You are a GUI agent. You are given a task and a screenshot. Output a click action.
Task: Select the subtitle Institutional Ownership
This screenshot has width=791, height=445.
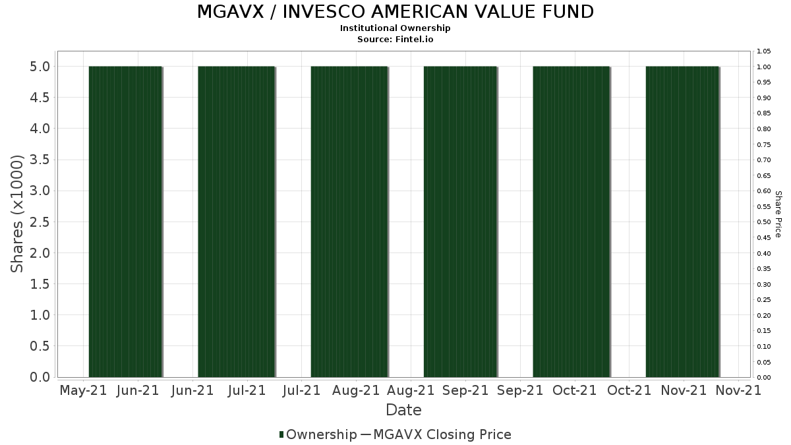(395, 28)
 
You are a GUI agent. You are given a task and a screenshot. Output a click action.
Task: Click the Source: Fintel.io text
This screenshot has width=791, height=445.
(395, 39)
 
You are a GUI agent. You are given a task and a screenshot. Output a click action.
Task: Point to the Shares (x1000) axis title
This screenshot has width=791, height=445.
(18, 214)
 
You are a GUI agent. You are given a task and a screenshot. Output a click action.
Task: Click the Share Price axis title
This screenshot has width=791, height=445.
(778, 214)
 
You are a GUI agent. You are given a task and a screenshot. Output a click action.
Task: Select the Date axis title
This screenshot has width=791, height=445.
(403, 410)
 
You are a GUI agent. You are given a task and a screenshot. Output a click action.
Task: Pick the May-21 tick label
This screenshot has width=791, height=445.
(83, 390)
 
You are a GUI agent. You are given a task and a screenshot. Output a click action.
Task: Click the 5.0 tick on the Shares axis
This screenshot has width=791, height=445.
(39, 67)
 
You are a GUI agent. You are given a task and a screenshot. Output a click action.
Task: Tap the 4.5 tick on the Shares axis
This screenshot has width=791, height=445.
(39, 98)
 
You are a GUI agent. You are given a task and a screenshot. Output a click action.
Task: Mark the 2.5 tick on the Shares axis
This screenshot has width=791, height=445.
(39, 222)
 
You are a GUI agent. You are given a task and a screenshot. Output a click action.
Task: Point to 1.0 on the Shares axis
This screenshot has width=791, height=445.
(39, 315)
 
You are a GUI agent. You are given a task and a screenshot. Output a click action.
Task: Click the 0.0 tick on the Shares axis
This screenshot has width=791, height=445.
(39, 377)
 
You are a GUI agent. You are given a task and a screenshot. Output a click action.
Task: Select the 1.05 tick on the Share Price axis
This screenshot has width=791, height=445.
(764, 51)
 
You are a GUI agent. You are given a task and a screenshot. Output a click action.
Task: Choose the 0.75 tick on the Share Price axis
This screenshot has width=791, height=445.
(764, 144)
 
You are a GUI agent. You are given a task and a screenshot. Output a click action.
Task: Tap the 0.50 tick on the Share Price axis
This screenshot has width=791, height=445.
(764, 222)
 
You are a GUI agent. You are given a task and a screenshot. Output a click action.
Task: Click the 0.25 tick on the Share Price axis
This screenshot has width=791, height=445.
(764, 300)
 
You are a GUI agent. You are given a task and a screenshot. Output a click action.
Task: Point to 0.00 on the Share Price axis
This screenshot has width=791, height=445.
(764, 378)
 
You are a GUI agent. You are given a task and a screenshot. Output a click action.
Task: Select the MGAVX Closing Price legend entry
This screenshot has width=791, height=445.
(442, 434)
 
